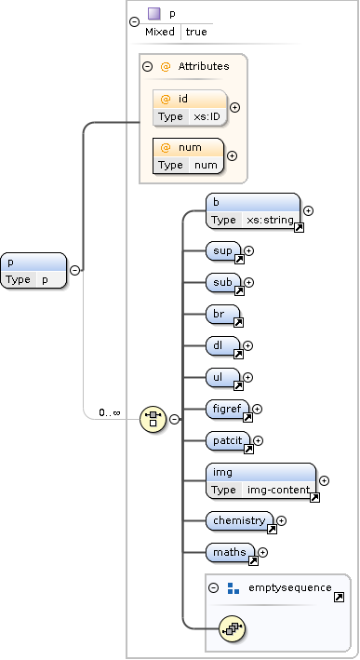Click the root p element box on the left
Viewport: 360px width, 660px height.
pyautogui.click(x=33, y=270)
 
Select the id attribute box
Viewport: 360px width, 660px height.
pyautogui.click(x=190, y=107)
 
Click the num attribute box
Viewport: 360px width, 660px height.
pyautogui.click(x=190, y=155)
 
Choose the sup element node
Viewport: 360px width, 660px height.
pyautogui.click(x=223, y=250)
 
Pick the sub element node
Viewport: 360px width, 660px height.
pyautogui.click(x=223, y=282)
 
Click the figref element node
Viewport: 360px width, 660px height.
pyautogui.click(x=228, y=409)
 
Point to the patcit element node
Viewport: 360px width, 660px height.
pyautogui.click(x=229, y=440)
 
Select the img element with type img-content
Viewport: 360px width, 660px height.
pyautogui.click(x=261, y=480)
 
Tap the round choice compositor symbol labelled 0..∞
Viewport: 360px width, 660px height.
pyautogui.click(x=153, y=419)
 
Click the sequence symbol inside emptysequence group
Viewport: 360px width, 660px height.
pyautogui.click(x=232, y=629)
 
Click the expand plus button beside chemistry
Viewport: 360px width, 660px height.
pyautogui.click(x=282, y=520)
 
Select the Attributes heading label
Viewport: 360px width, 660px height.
pyautogui.click(x=203, y=66)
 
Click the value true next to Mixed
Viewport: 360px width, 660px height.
pyautogui.click(x=196, y=32)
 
